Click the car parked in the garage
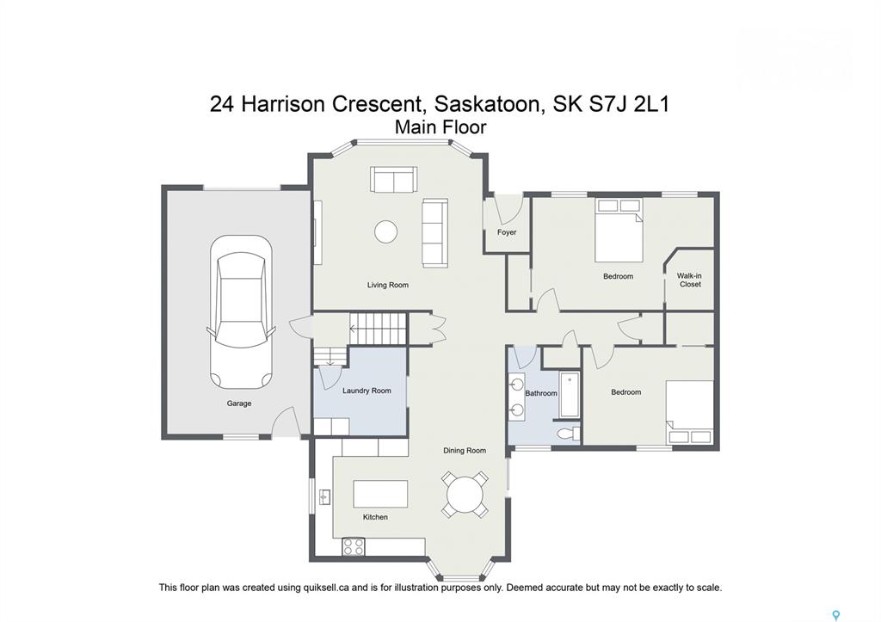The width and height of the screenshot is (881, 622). [x=241, y=312]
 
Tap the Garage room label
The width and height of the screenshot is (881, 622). [x=239, y=403]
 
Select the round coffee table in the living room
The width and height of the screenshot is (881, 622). [x=386, y=231]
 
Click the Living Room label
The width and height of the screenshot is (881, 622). [x=388, y=285]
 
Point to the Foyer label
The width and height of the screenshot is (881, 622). [x=507, y=232]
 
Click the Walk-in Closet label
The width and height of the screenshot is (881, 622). [x=689, y=280]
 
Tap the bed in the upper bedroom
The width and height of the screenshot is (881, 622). [x=619, y=230]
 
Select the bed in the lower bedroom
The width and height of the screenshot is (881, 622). [x=690, y=413]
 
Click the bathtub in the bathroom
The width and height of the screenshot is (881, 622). [x=570, y=394]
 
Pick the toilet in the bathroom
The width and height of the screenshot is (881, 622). [x=569, y=434]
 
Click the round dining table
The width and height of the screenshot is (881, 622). [x=465, y=495]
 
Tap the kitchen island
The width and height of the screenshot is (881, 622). [x=380, y=494]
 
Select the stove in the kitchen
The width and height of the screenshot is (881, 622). [x=354, y=546]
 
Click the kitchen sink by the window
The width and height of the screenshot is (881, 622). [x=324, y=497]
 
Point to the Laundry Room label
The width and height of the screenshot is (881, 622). [x=367, y=391]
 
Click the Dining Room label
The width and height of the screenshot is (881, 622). [x=465, y=450]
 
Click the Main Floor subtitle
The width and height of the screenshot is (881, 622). [x=440, y=127]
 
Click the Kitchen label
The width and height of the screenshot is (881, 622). [x=375, y=517]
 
